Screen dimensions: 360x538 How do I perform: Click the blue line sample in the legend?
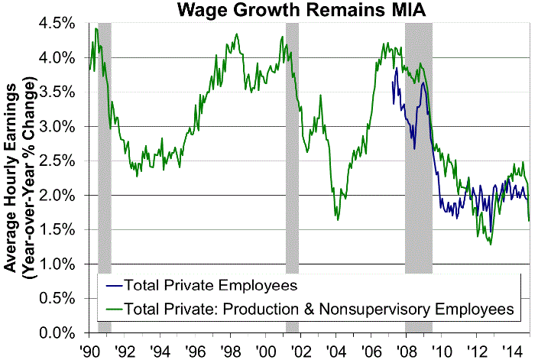click(113, 287)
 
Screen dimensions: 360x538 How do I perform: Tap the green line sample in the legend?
click(113, 310)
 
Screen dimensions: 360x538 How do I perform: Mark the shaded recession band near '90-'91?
click(105, 153)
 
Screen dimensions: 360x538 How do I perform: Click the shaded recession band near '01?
click(291, 153)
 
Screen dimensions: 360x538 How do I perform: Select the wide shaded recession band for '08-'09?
click(419, 153)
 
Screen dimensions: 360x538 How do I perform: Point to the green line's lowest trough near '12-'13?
click(490, 244)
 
